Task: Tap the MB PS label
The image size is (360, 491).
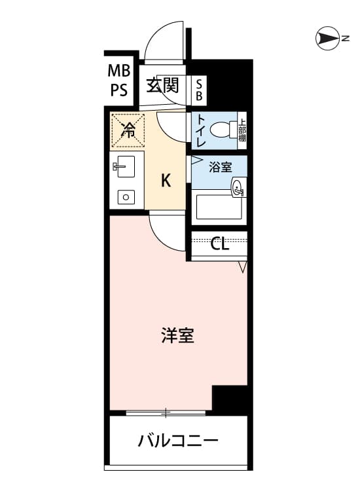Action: [x=119, y=81]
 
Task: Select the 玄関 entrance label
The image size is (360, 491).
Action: [x=162, y=85]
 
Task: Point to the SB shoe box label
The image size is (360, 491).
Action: [x=199, y=90]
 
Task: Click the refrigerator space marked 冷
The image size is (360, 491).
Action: [x=128, y=130]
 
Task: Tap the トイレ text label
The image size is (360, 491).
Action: [x=201, y=131]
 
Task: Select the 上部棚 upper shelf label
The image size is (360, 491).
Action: [x=242, y=130]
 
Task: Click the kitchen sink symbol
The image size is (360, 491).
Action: [x=124, y=166]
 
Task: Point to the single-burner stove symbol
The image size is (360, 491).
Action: [x=126, y=197]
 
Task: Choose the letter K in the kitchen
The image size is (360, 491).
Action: [x=166, y=181]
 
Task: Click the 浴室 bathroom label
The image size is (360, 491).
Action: [x=221, y=167]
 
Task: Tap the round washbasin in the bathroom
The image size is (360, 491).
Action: [x=238, y=188]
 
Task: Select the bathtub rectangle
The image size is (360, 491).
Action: [x=219, y=208]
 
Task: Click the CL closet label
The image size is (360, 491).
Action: [x=220, y=244]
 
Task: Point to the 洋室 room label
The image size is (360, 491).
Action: [x=178, y=335]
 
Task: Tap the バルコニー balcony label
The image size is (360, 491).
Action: [x=178, y=441]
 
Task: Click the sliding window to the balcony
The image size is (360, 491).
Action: [x=166, y=413]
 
